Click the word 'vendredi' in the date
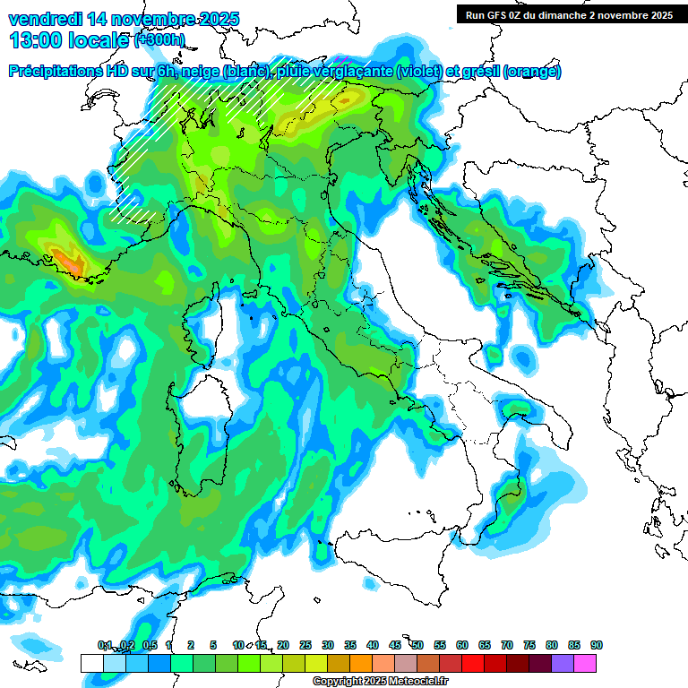pyautogui.click(x=44, y=19)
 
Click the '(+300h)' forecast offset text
pyautogui.click(x=159, y=40)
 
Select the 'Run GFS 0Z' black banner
pyautogui.click(x=569, y=14)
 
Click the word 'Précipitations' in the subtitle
pyautogui.click(x=59, y=72)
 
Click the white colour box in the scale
pyautogui.click(x=91, y=663)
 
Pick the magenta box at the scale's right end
pyautogui.click(x=585, y=663)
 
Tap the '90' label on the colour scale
pyautogui.click(x=597, y=646)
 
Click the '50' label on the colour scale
pyautogui.click(x=417, y=646)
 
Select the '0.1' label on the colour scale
pyautogui.click(x=105, y=646)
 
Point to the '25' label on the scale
pyautogui.click(x=305, y=646)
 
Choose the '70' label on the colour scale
pyautogui.click(x=507, y=646)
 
